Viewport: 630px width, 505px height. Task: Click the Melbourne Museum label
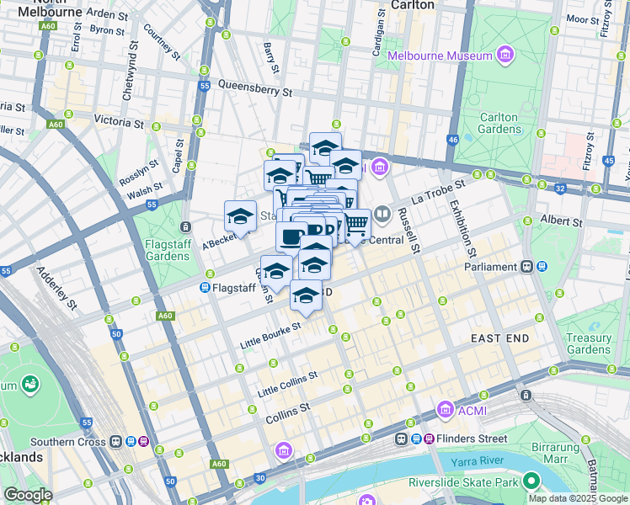[440, 56]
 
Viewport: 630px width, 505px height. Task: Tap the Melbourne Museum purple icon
[505, 56]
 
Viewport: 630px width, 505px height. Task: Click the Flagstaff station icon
[205, 288]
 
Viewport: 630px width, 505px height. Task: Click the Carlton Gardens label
[500, 123]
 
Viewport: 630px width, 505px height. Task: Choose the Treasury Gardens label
[589, 343]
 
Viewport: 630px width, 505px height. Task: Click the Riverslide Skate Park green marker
[531, 481]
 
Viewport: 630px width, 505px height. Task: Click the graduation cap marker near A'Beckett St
[240, 216]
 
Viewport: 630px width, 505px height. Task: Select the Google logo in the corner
[28, 495]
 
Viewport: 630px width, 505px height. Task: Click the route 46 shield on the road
[453, 140]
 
